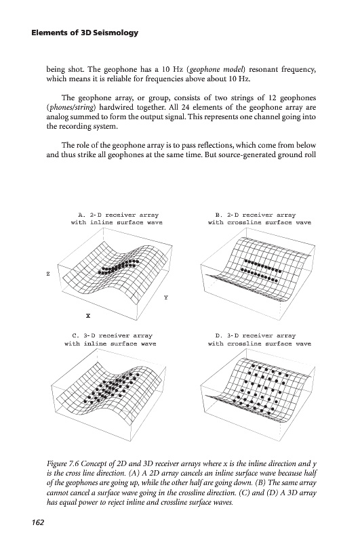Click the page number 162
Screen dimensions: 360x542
(x=38, y=522)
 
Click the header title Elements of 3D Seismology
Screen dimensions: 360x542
(x=85, y=33)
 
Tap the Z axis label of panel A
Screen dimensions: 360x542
(x=48, y=274)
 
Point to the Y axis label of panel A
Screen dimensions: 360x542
(x=166, y=297)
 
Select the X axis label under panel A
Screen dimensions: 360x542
(x=88, y=316)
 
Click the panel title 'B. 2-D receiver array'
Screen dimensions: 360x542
(x=256, y=215)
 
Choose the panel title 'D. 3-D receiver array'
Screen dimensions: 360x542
(x=256, y=335)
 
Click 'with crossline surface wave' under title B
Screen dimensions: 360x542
(x=260, y=223)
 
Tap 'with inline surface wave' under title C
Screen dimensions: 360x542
(x=111, y=344)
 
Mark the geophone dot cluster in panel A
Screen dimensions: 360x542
(x=119, y=266)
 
